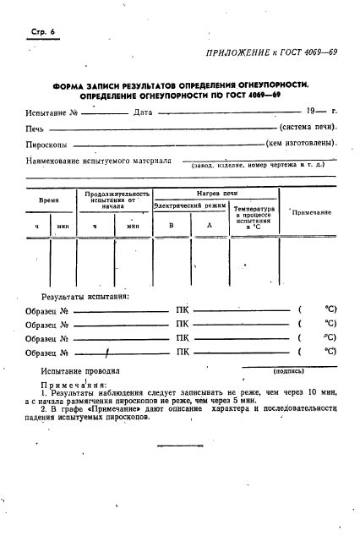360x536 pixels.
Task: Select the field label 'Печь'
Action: [x=35, y=129]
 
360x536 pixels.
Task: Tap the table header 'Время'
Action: [x=48, y=201]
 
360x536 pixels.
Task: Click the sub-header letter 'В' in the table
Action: [x=171, y=226]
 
